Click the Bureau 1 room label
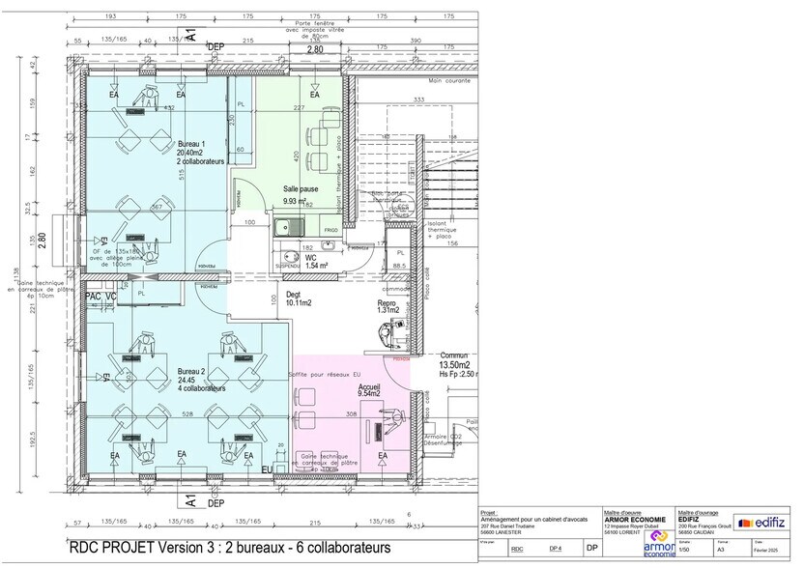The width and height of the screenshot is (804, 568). point(190,143)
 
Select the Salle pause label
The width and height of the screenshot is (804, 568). point(301,188)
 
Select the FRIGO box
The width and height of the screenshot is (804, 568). point(330,230)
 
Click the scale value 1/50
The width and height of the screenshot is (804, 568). point(684,549)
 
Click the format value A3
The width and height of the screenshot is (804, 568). point(720,549)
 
